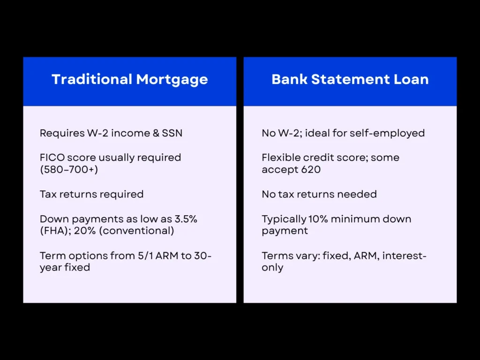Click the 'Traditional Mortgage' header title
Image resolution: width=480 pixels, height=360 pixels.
point(130,79)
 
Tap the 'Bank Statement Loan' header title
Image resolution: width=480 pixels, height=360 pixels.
point(350,79)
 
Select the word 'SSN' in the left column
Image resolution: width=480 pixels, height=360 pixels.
point(172,133)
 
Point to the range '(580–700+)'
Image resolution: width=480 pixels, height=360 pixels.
point(69,169)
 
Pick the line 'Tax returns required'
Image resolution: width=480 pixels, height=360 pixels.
point(91,194)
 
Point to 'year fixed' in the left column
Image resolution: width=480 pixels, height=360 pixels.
point(65,268)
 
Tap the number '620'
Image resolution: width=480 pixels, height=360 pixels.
point(310,169)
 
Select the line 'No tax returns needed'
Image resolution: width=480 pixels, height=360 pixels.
point(319,194)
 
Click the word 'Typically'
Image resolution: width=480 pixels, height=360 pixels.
point(283,219)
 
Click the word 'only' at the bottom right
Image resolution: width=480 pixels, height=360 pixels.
point(272,268)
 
